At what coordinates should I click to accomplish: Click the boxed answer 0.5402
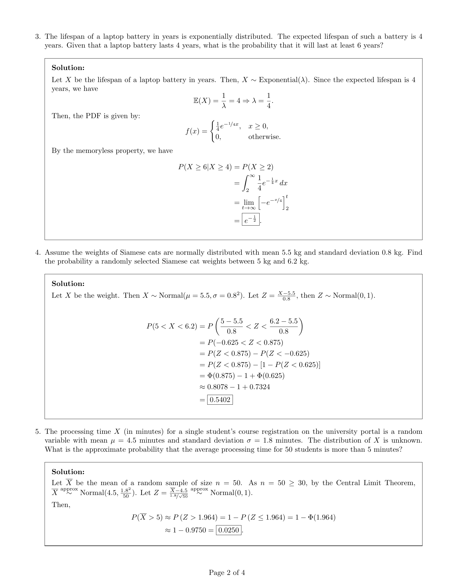(220, 400)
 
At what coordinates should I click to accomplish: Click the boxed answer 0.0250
(229, 530)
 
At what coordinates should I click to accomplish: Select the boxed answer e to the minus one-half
(251, 220)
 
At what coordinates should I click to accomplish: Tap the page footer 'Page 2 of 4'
(227, 572)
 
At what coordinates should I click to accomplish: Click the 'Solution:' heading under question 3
(68, 68)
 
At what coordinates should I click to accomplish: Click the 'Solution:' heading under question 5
(68, 472)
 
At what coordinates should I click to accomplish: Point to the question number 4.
(38, 253)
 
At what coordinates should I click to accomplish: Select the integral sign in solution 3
(245, 183)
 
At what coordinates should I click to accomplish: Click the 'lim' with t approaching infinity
(249, 203)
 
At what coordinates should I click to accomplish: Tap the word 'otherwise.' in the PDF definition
(264, 137)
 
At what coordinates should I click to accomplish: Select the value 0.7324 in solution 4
(260, 387)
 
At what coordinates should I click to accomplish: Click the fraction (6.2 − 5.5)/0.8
(283, 326)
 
